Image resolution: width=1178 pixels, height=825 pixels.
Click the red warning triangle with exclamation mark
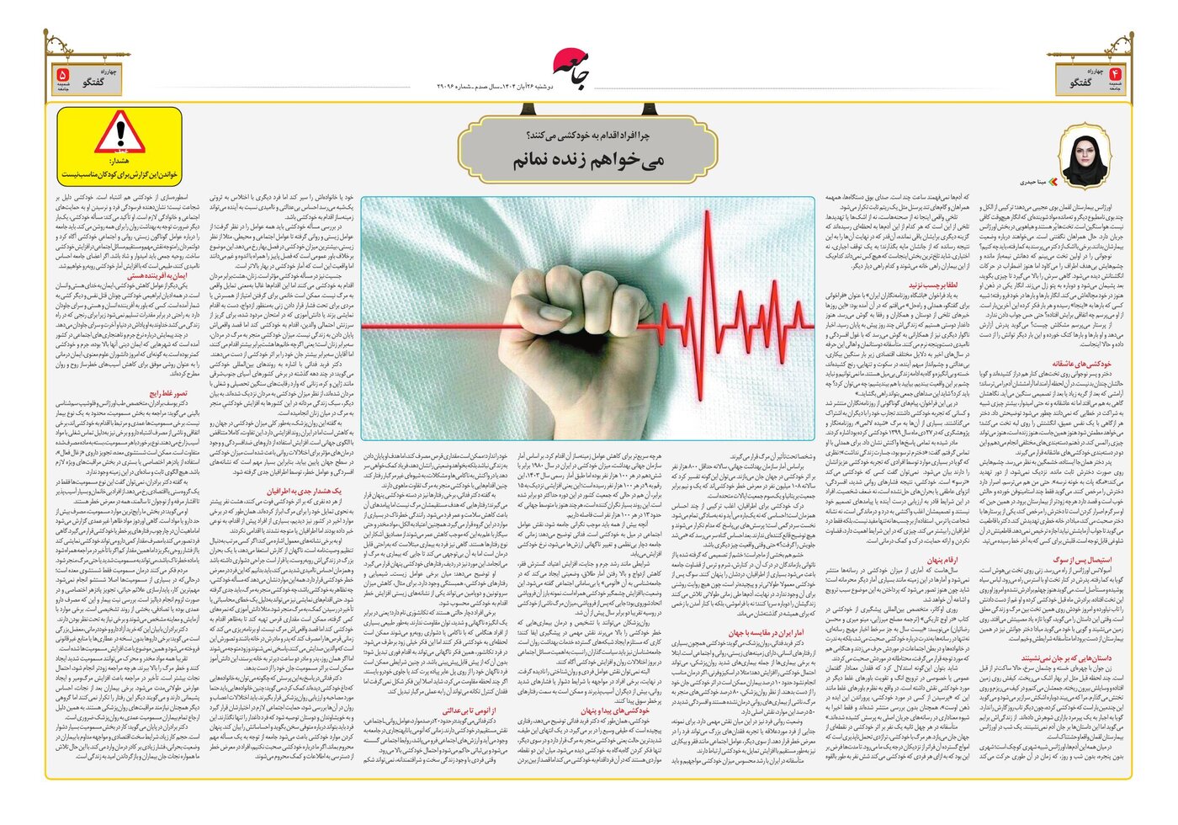tap(120, 131)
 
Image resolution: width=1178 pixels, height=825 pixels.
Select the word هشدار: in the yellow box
tap(120, 160)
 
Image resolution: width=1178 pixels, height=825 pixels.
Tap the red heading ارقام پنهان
tap(942, 560)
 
